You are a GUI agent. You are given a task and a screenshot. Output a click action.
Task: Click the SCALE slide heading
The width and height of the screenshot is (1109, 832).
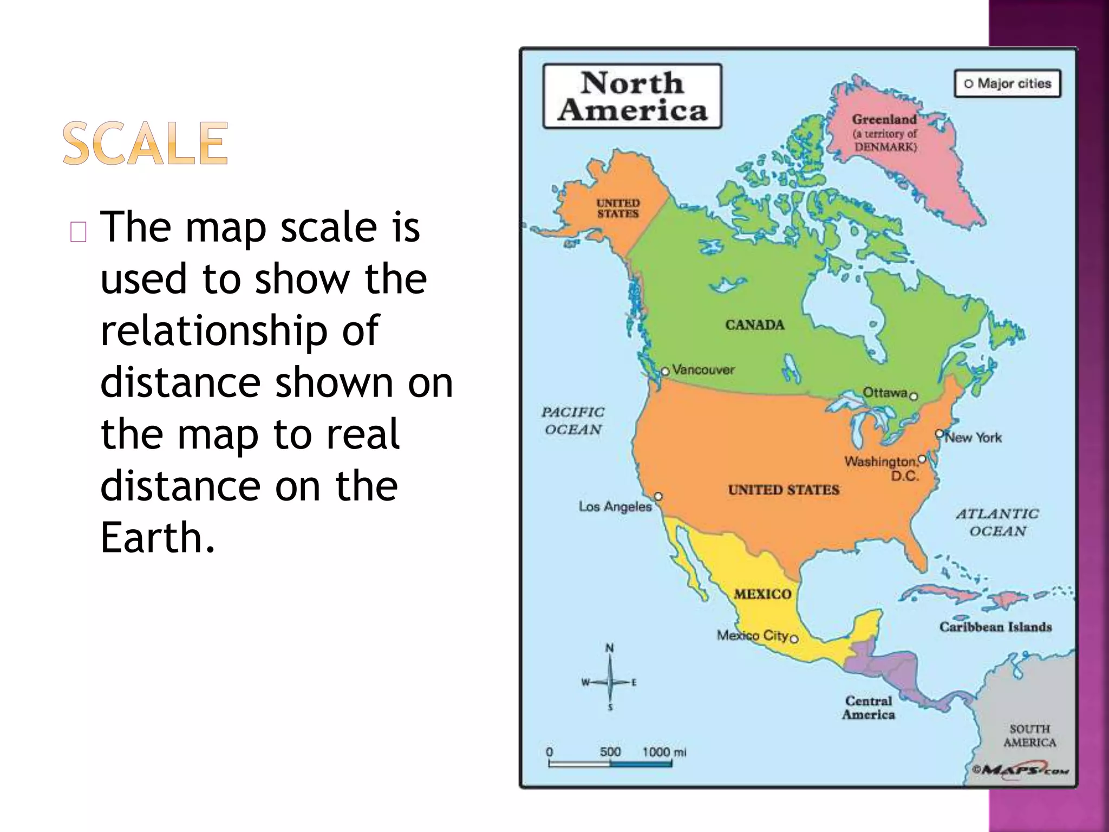(145, 143)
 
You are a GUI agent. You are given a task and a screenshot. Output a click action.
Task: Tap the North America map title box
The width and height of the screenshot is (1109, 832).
(632, 96)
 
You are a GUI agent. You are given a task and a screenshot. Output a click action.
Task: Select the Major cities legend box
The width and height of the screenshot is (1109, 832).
(1007, 83)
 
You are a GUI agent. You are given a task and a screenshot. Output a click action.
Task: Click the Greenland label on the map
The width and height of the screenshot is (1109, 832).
(884, 120)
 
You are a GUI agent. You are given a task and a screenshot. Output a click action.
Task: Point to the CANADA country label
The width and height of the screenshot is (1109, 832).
(754, 325)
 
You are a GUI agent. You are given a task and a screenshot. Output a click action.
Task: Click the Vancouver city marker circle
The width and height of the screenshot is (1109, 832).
(665, 372)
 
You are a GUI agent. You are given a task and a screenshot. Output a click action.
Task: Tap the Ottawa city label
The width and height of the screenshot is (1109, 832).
(885, 392)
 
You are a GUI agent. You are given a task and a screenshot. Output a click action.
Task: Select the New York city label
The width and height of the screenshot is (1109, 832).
(973, 438)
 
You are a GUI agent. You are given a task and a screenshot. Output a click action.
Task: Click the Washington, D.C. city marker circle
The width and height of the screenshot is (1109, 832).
(922, 459)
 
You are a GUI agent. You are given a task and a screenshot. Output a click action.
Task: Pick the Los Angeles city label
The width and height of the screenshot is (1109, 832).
(615, 506)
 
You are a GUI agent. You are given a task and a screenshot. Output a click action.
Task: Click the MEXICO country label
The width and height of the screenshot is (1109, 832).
(762, 594)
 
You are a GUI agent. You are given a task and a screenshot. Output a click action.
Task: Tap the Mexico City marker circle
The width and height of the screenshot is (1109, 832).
(794, 639)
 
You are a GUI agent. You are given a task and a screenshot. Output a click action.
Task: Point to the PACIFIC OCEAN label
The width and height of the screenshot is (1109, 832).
(573, 421)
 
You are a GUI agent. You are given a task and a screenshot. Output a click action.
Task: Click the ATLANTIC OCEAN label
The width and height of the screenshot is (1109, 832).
(997, 522)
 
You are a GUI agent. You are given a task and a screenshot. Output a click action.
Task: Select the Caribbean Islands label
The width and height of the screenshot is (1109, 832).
(995, 627)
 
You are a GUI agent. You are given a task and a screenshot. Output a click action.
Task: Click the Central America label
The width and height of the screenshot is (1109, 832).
(869, 707)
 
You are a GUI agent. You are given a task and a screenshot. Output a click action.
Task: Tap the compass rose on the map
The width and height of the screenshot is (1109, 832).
(610, 681)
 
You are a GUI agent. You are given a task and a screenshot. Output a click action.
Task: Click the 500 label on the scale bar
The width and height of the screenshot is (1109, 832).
(610, 752)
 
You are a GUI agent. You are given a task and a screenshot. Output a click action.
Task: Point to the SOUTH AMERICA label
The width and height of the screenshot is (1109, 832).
(1029, 736)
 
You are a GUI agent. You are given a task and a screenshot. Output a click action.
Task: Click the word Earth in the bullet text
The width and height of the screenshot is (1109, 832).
(151, 537)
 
